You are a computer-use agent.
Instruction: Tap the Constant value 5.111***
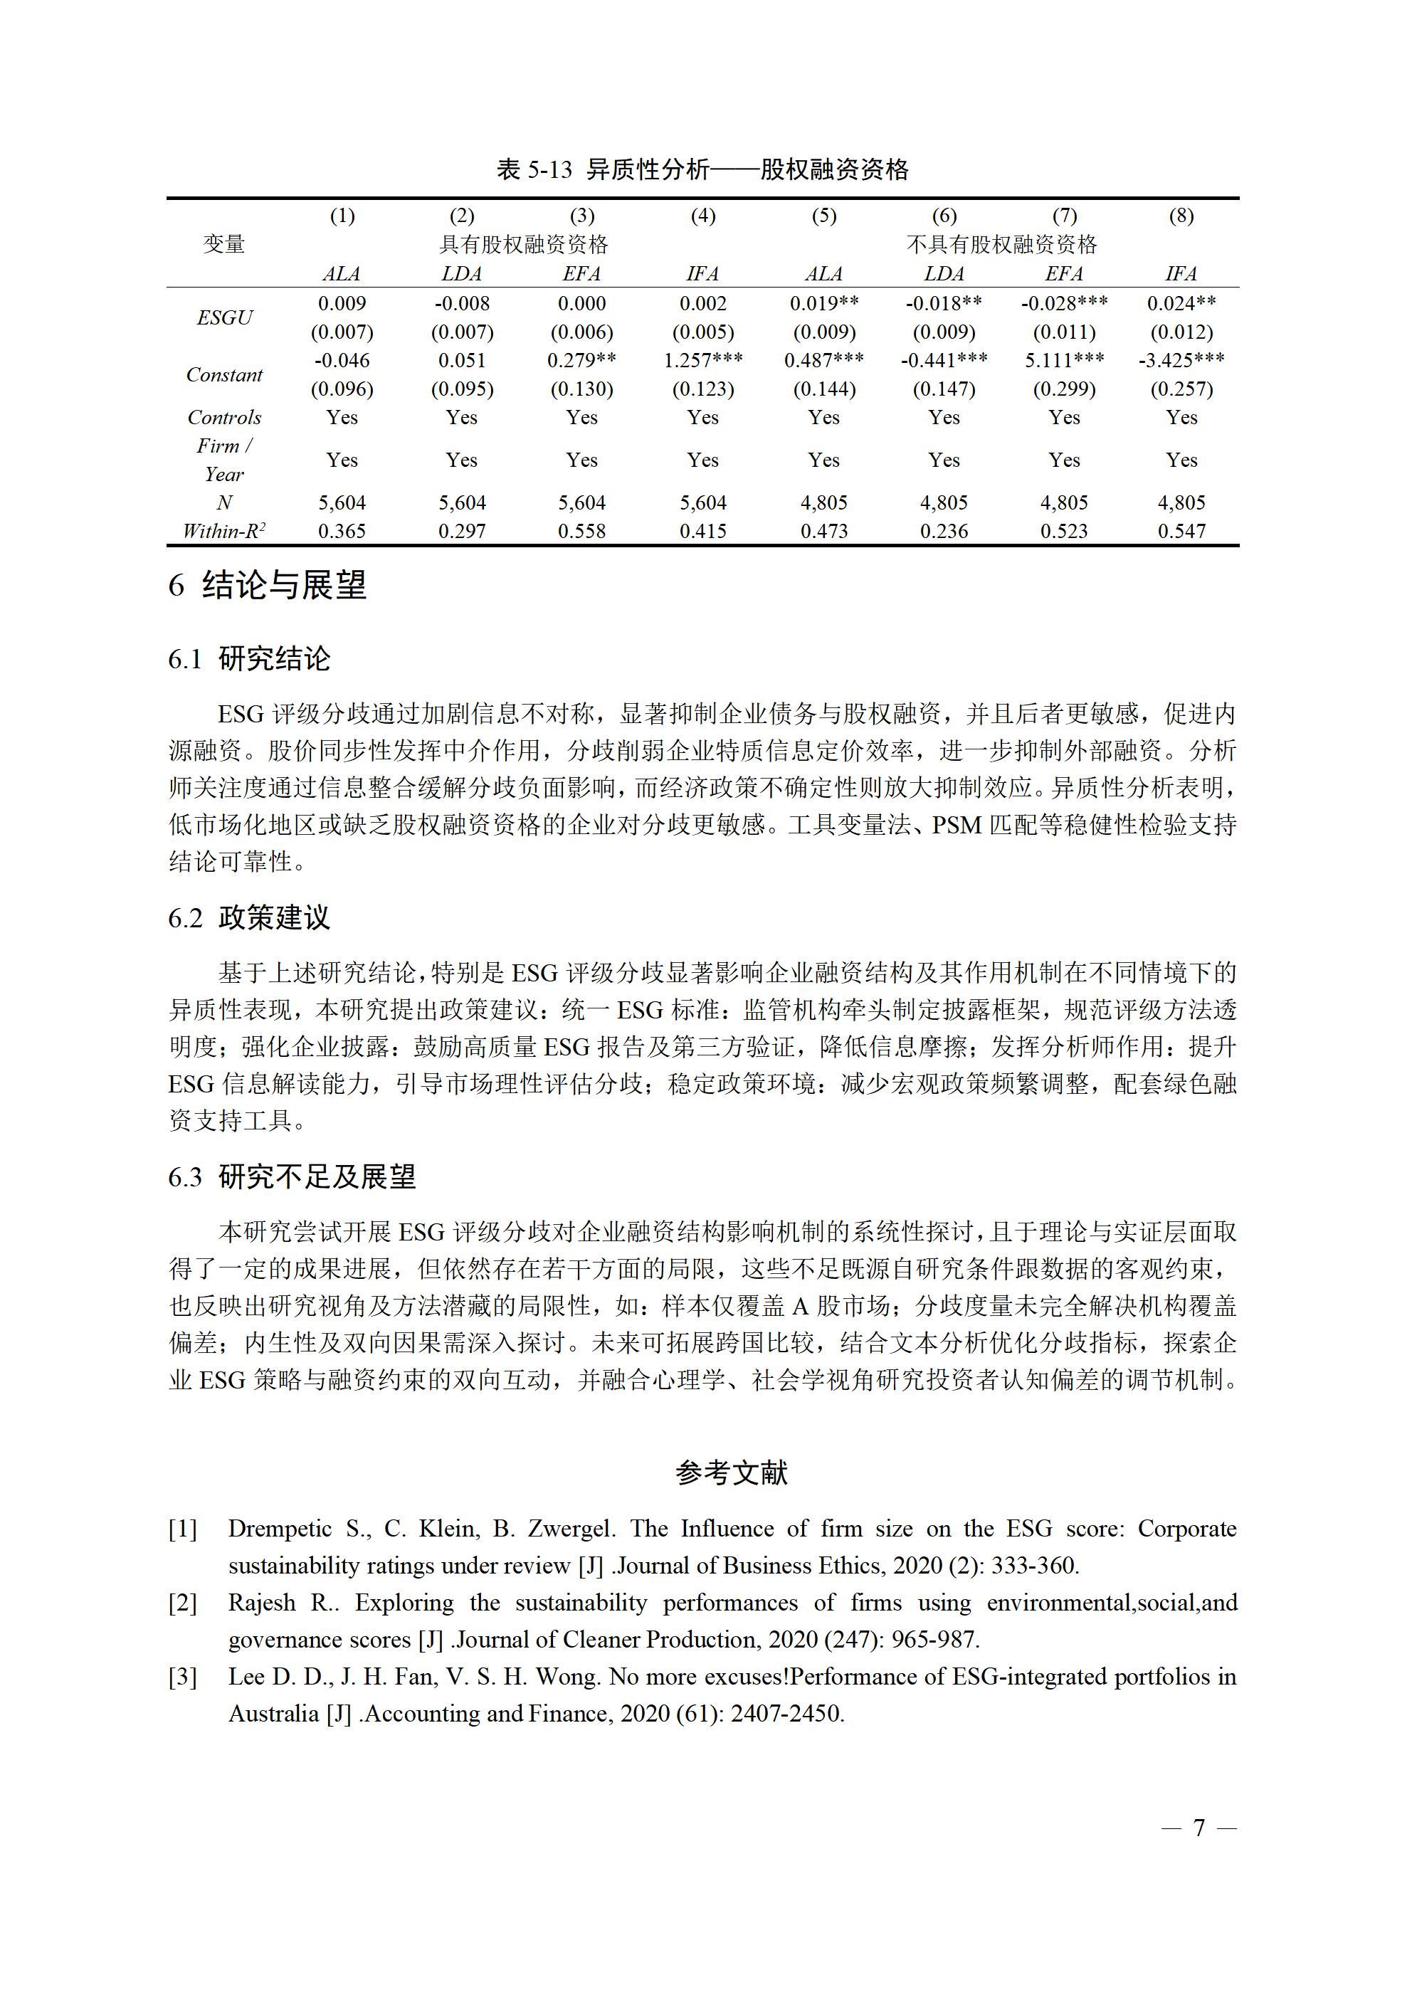(1064, 360)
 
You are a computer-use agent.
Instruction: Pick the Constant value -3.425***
(1181, 360)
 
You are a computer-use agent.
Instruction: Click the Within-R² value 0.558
(581, 530)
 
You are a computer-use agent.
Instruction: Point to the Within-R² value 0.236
(943, 530)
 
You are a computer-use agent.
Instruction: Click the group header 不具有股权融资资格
(1001, 244)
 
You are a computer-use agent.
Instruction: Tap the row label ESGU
(224, 317)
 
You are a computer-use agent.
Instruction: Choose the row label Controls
(224, 418)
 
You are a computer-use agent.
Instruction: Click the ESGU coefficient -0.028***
(1064, 304)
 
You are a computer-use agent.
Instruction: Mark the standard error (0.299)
(1064, 389)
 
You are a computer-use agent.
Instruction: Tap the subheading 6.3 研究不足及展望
(292, 1177)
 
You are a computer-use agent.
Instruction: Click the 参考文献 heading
(731, 1472)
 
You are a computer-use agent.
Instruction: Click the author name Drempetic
(280, 1528)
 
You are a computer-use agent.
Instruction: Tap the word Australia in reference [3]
(273, 1714)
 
